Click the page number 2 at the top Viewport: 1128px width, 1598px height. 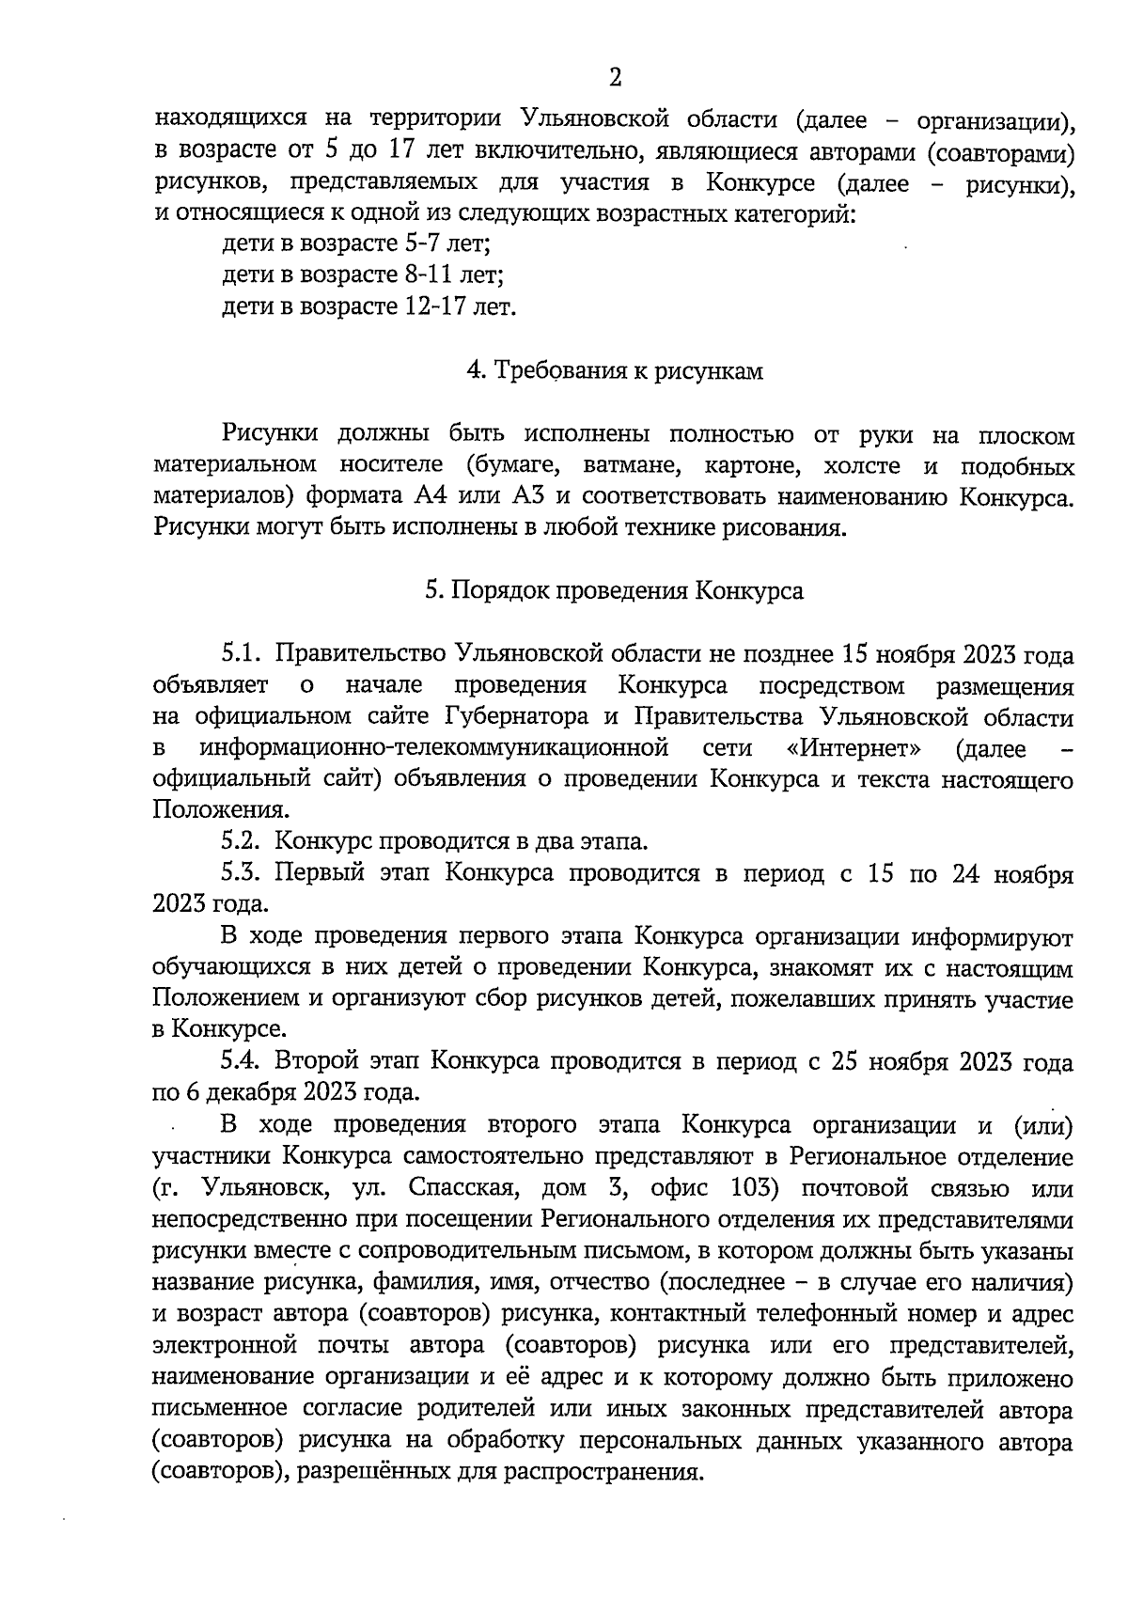pyautogui.click(x=615, y=76)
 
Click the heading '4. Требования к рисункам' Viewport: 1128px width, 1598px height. pyautogui.click(x=615, y=371)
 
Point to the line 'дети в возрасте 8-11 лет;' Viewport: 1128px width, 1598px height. pyautogui.click(x=363, y=275)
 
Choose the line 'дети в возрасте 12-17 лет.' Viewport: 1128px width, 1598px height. pyautogui.click(x=368, y=306)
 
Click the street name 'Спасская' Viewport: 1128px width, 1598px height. pyautogui.click(x=460, y=1188)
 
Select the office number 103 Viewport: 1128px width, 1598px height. pyautogui.click(x=753, y=1188)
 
